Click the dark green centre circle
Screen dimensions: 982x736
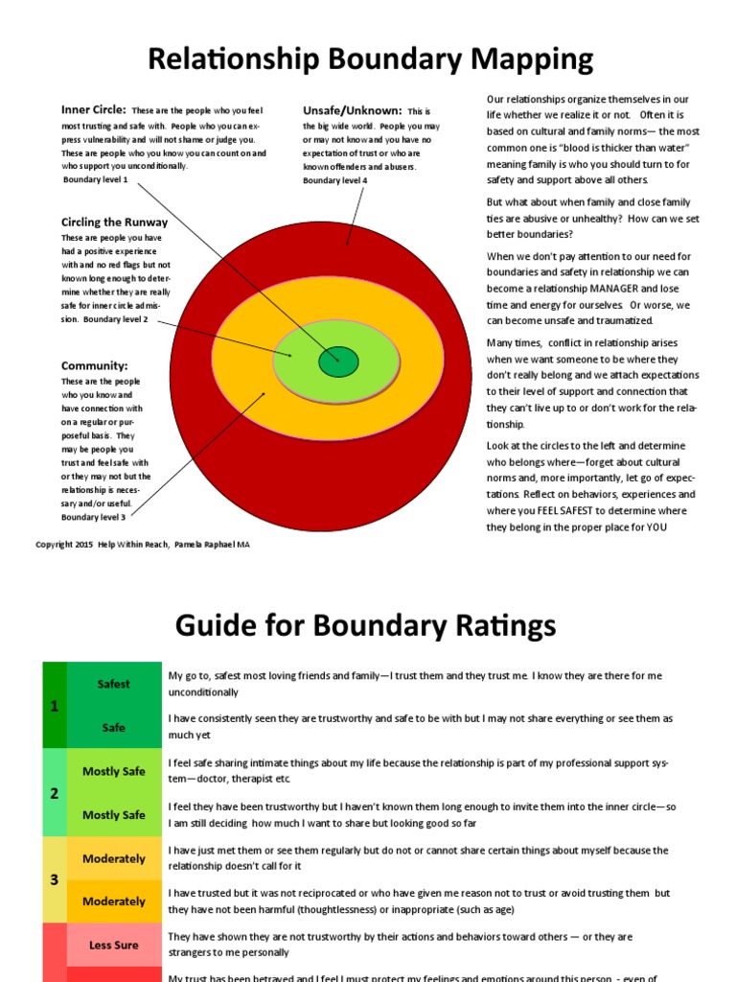tap(336, 362)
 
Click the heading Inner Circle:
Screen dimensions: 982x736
tap(94, 110)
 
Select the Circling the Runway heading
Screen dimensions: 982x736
tap(114, 222)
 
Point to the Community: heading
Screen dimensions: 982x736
tap(94, 365)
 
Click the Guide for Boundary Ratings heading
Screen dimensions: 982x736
tap(365, 625)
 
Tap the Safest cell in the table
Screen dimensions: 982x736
tap(114, 684)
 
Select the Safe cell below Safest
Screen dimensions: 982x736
tap(114, 728)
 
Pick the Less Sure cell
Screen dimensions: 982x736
tap(114, 945)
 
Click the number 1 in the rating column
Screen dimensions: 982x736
tap(54, 706)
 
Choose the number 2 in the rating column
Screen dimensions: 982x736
tap(54, 793)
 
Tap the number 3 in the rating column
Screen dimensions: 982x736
tap(54, 879)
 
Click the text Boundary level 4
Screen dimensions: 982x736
tap(335, 180)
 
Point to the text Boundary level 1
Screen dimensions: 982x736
tap(95, 179)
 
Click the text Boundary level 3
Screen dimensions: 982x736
tap(94, 518)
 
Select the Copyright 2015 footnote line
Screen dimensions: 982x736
tap(144, 545)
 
